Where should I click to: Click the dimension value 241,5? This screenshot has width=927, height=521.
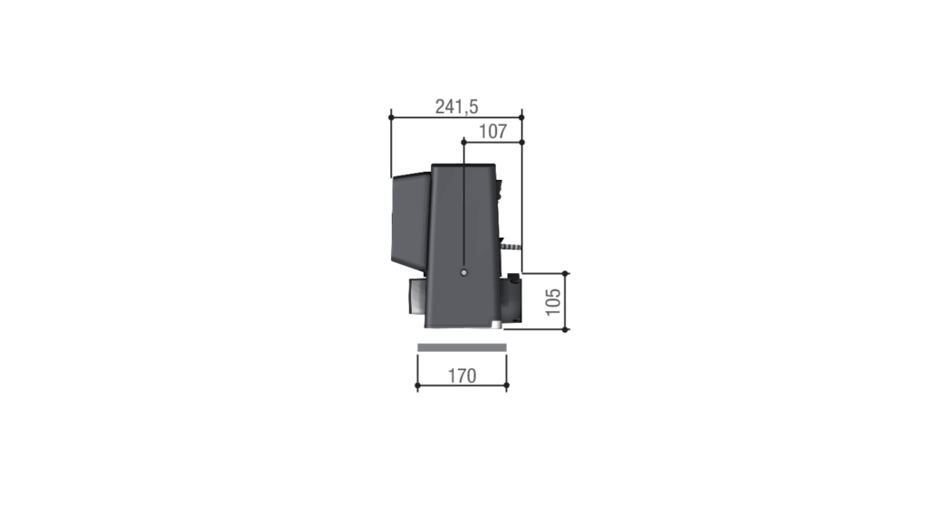[x=456, y=107]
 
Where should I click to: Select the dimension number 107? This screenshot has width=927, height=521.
[x=492, y=131]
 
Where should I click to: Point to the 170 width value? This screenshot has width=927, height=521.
[x=462, y=375]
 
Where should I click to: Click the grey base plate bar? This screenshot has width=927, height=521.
[x=462, y=348]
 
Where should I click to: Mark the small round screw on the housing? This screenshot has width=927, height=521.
[x=463, y=273]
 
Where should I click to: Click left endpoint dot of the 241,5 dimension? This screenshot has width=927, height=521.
[x=391, y=116]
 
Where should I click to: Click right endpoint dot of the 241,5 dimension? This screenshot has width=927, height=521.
[x=522, y=116]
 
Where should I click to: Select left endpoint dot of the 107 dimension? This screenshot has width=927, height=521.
[x=463, y=141]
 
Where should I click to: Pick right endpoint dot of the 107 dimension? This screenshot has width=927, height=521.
[x=522, y=141]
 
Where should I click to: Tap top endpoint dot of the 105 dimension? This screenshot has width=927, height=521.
[x=565, y=272]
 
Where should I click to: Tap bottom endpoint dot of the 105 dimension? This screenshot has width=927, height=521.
[x=565, y=329]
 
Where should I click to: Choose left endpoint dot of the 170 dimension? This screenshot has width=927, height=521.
[x=417, y=385]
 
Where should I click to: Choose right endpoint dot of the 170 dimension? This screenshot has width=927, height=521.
[x=506, y=385]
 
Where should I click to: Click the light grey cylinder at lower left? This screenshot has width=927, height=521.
[x=416, y=298]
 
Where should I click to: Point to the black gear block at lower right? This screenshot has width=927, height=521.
[x=512, y=298]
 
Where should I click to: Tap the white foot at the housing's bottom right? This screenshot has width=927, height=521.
[x=498, y=325]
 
